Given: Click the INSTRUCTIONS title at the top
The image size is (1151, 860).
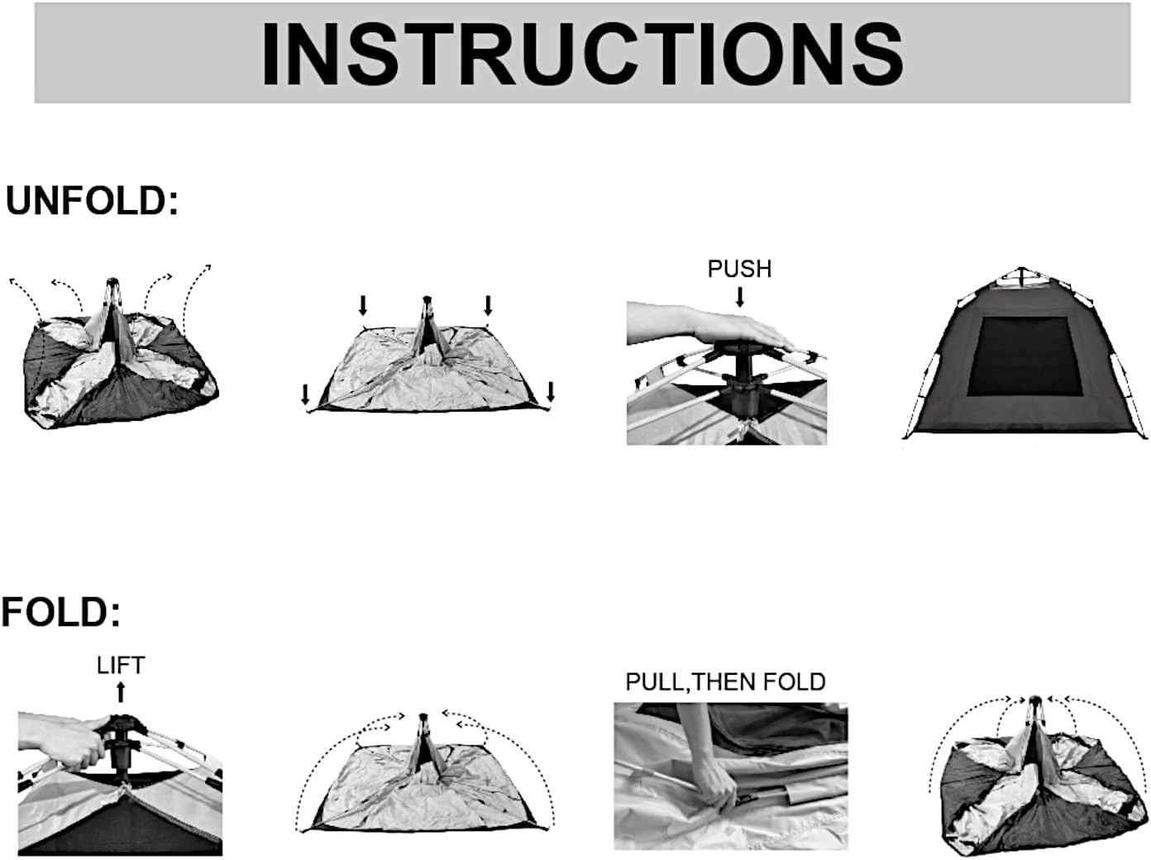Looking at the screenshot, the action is (x=582, y=55).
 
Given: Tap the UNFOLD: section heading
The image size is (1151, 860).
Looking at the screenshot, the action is (x=92, y=201).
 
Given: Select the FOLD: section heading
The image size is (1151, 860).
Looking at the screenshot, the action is (x=61, y=612).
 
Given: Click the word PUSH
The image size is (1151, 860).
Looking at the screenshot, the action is (x=739, y=269).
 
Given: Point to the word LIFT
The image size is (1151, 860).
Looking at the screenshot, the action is (x=121, y=666).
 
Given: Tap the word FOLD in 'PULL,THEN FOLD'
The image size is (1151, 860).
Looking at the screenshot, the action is (x=794, y=681).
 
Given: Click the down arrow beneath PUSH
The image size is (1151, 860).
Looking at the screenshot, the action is (x=740, y=296).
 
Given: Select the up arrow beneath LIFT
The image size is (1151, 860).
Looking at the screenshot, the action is (x=121, y=691).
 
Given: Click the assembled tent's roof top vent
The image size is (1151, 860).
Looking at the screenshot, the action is (x=1022, y=277).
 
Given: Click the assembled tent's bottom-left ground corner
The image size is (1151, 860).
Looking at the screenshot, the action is (x=905, y=437).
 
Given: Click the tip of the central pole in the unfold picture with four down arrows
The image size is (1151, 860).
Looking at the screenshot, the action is (x=427, y=299).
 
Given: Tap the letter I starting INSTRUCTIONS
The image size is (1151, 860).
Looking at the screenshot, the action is (x=271, y=55).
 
